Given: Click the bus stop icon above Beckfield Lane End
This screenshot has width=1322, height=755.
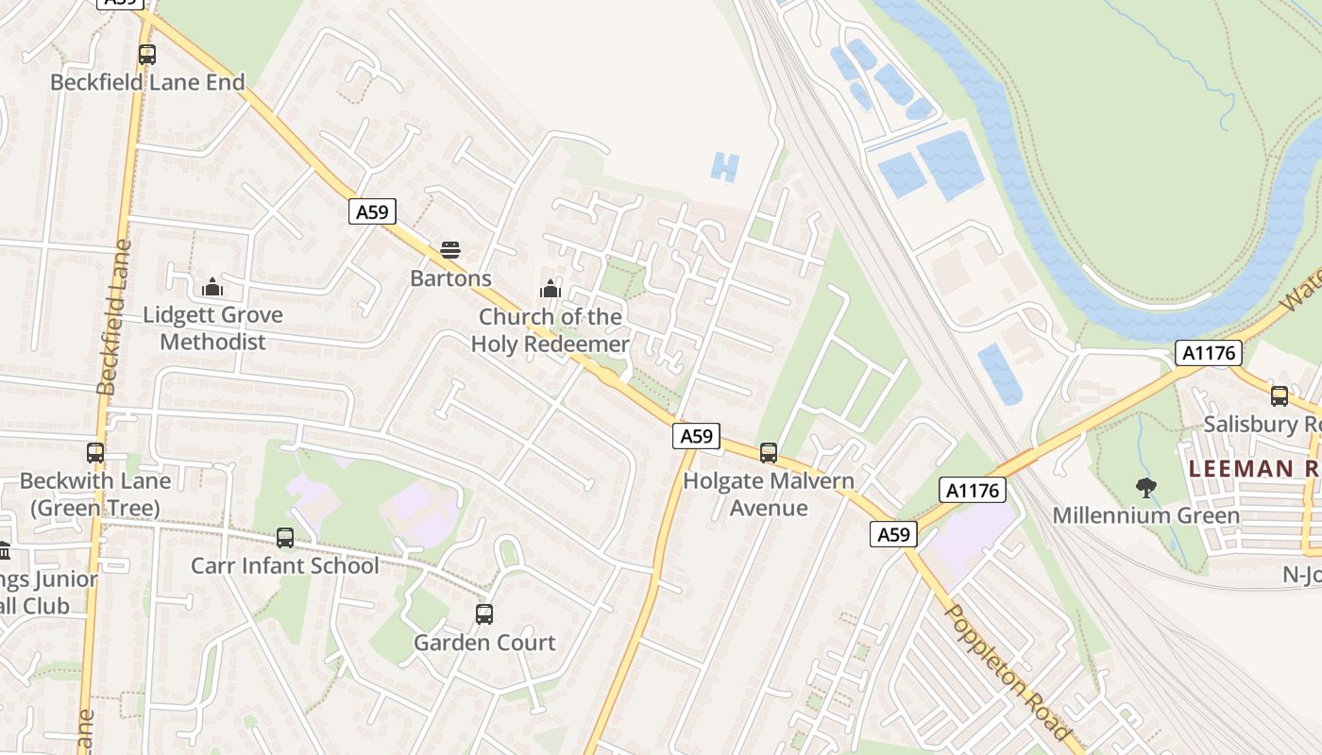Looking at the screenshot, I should [x=146, y=55].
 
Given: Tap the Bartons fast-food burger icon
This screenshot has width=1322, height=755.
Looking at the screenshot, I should [x=450, y=250].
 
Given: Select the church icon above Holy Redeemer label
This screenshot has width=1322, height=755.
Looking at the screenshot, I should [x=550, y=288].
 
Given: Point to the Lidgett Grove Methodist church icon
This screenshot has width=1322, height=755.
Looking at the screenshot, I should [x=212, y=286].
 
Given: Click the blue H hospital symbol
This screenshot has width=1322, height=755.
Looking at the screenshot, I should [x=723, y=168].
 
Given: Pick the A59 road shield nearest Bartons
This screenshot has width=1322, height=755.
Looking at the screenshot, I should [x=372, y=211].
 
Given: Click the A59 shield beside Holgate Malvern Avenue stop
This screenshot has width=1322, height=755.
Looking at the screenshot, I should [x=697, y=435].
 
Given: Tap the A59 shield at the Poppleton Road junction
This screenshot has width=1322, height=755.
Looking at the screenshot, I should [x=892, y=535].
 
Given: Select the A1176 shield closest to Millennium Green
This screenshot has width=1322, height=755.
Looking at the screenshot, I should [x=973, y=489].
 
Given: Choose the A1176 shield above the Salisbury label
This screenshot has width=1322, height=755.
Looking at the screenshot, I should [x=1208, y=353].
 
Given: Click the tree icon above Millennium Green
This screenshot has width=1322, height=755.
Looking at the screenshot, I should [x=1146, y=488].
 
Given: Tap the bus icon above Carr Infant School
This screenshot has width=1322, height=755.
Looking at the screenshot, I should [x=285, y=538].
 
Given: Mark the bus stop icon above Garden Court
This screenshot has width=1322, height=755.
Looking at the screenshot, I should [x=484, y=614].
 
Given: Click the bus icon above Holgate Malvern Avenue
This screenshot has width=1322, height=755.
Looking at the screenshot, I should [x=769, y=453].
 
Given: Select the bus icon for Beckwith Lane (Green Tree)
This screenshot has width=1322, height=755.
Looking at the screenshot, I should [x=95, y=453].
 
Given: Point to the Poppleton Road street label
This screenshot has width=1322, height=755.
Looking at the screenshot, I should [x=1008, y=672].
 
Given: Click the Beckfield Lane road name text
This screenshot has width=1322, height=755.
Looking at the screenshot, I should [x=111, y=317].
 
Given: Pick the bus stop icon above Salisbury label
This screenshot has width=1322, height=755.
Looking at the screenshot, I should [x=1280, y=396].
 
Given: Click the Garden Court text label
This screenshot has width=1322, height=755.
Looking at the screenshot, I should [x=484, y=643].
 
